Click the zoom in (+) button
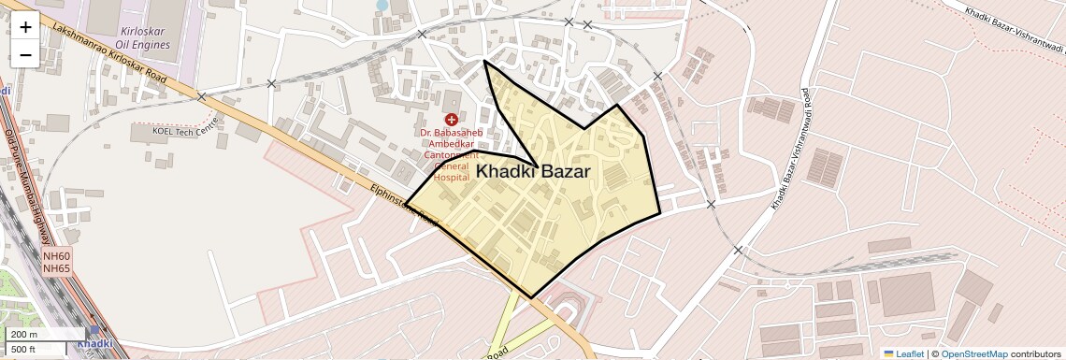25,27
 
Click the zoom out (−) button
25,55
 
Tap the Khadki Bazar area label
533,171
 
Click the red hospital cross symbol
451,120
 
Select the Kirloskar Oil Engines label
145,37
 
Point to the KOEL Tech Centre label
187,130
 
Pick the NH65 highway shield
56,268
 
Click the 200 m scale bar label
24,335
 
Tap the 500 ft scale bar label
24,349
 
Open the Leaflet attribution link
901,353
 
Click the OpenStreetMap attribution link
973,353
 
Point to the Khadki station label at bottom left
94,343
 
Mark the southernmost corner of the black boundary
531,298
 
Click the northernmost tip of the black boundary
484,62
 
